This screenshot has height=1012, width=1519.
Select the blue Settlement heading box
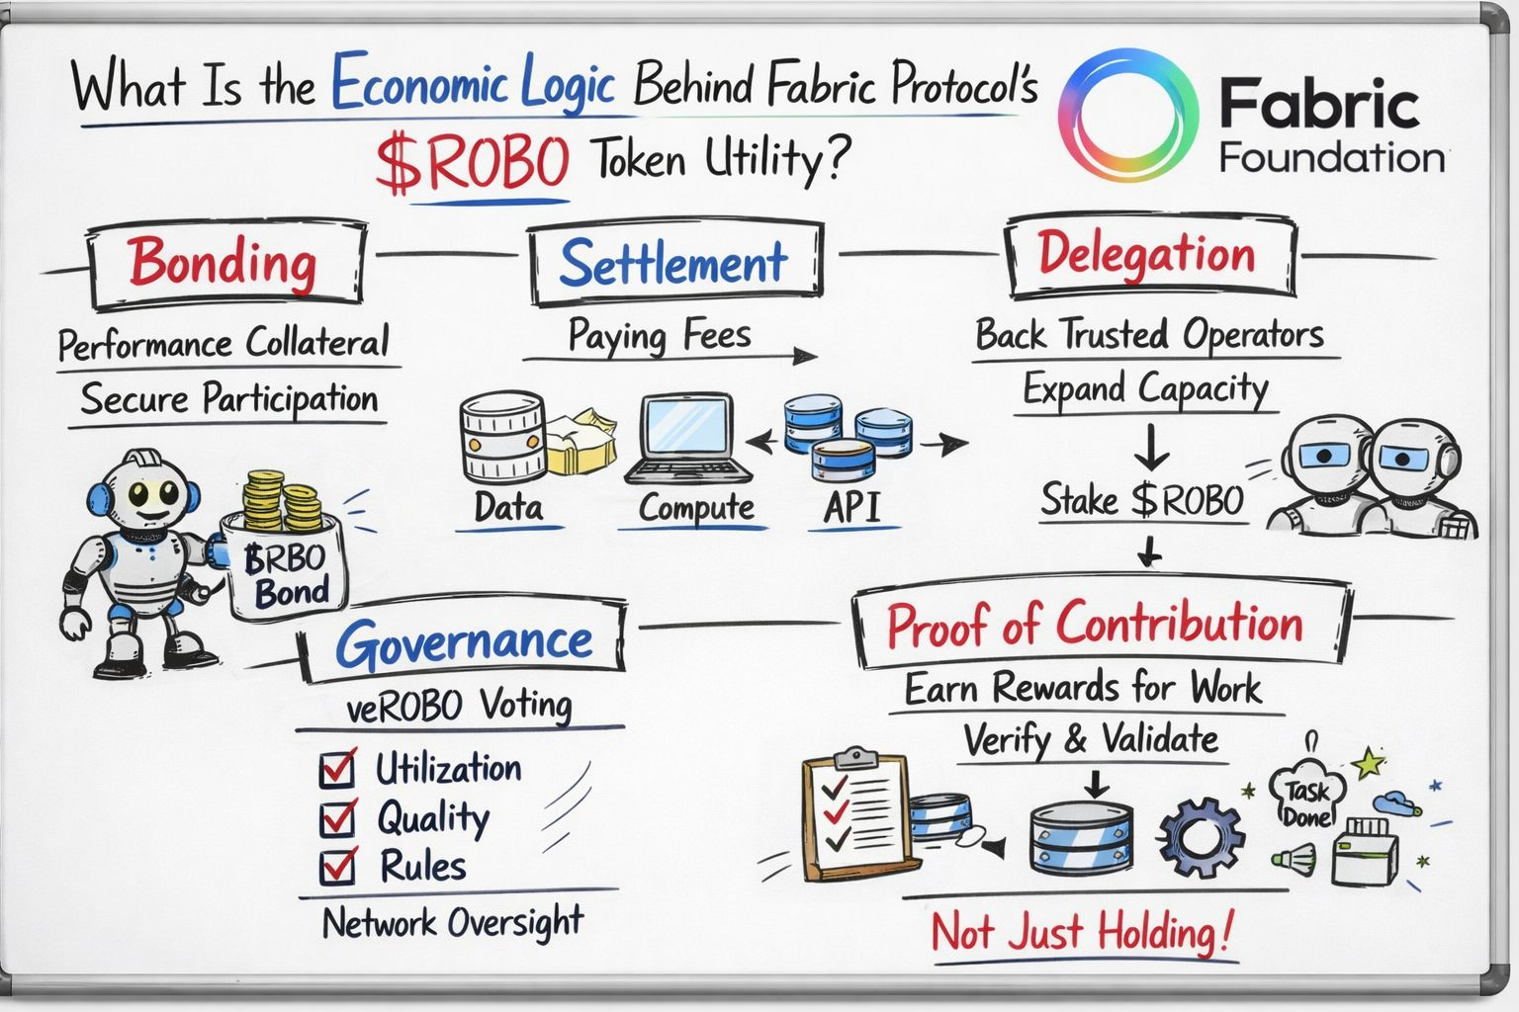click(x=674, y=263)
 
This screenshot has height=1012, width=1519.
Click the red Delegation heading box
click(x=1148, y=254)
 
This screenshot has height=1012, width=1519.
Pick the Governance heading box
click(x=463, y=642)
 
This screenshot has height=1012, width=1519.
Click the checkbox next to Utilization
click(x=337, y=769)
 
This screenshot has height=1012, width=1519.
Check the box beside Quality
click(x=337, y=817)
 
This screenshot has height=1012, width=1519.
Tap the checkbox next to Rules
click(x=337, y=866)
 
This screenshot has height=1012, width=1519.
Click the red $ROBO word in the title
click(x=473, y=163)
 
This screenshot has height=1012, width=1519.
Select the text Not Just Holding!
click(x=1083, y=932)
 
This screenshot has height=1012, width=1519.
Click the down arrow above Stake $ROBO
click(x=1150, y=446)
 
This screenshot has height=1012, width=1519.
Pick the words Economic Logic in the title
click(x=473, y=83)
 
